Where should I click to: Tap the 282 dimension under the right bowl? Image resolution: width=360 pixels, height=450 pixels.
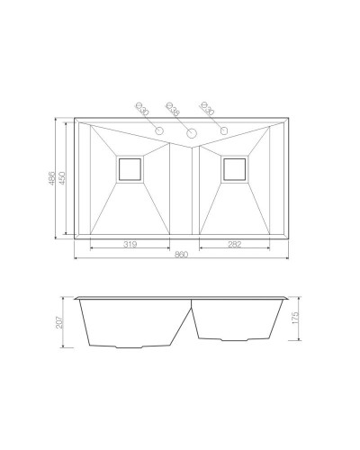coord(234,243)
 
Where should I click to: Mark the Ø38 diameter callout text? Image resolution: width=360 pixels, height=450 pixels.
coord(174,111)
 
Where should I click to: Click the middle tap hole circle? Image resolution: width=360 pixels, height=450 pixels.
coord(191,133)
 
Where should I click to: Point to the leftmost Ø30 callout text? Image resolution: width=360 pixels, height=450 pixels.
coord(141,109)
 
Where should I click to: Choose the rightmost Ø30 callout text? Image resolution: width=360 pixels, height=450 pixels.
coord(207,109)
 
